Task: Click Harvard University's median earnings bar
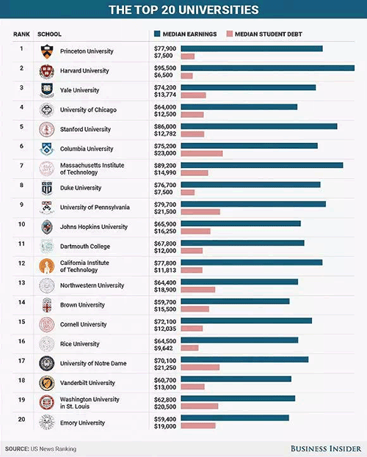(x=267, y=68)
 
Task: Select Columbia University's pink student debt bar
(x=202, y=153)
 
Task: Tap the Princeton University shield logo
(x=47, y=51)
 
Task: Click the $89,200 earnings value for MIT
(x=165, y=166)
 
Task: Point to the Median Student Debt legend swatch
(x=230, y=34)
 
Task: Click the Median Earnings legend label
(x=189, y=34)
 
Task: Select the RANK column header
(x=21, y=34)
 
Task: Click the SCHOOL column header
(x=49, y=34)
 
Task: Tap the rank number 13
(x=21, y=282)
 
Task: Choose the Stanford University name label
(x=85, y=129)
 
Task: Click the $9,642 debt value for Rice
(x=164, y=348)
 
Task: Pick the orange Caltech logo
(x=47, y=266)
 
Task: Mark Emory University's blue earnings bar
(x=235, y=418)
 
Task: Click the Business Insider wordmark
(x=326, y=448)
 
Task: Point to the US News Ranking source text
(x=54, y=449)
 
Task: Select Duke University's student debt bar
(x=188, y=192)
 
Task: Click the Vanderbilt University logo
(x=47, y=383)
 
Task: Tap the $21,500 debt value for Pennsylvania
(x=165, y=212)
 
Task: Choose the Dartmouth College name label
(x=85, y=246)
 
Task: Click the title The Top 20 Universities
(x=183, y=10)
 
